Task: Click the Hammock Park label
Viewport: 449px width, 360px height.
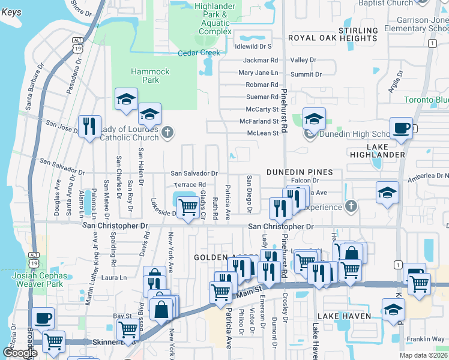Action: [x=150, y=76]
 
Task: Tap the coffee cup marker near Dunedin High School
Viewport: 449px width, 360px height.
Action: [x=400, y=128]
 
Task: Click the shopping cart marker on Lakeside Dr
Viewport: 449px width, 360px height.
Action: [x=188, y=208]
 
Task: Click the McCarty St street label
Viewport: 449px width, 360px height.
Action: [x=262, y=109]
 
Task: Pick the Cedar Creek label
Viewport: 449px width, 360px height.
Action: [x=198, y=53]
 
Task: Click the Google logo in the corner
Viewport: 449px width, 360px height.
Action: [x=20, y=353]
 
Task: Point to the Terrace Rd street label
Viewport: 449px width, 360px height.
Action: [x=189, y=185]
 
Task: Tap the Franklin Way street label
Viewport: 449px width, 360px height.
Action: [x=425, y=339]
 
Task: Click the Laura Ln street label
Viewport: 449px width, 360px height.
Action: [x=115, y=278]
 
